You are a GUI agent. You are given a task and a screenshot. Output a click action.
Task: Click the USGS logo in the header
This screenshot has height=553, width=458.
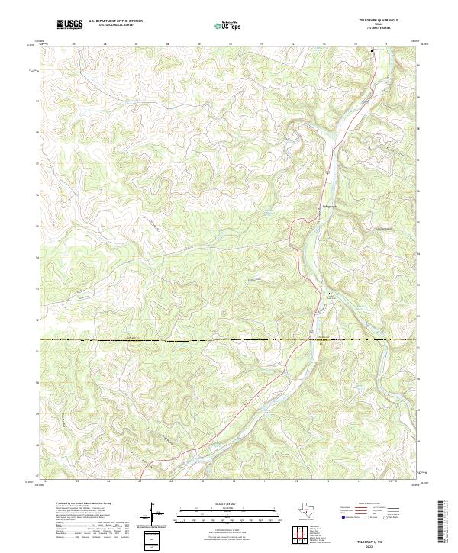click(x=70, y=24)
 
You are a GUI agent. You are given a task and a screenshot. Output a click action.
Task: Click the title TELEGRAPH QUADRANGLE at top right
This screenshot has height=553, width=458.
click(x=379, y=20)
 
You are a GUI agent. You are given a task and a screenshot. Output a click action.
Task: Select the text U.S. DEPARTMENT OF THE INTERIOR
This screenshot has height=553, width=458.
click(x=115, y=21)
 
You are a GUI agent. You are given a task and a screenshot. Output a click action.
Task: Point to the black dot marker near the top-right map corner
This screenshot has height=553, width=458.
click(x=372, y=50)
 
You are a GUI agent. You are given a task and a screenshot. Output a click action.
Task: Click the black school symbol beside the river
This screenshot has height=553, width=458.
click(x=331, y=293)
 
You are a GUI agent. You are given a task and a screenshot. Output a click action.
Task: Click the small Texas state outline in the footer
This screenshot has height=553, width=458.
click(x=313, y=509)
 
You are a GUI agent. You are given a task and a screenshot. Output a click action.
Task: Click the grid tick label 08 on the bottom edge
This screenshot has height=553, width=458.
click(x=172, y=482)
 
